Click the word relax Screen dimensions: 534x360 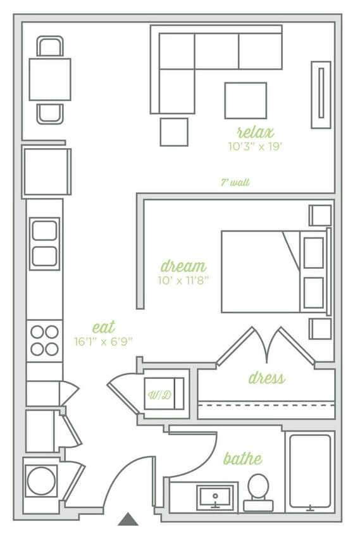click(x=255, y=132)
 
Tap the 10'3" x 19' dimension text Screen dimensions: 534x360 click(x=255, y=146)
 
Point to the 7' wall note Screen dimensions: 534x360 click(x=235, y=182)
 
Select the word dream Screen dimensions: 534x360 click(x=183, y=266)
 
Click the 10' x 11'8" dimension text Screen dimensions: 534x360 click(x=183, y=280)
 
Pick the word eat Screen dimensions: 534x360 click(x=104, y=327)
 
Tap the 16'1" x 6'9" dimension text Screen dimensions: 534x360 click(x=103, y=341)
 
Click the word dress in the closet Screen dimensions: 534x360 click(x=266, y=378)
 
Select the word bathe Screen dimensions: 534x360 click(x=242, y=458)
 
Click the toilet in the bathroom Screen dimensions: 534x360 click(x=258, y=491)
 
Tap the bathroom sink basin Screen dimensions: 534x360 click(x=213, y=497)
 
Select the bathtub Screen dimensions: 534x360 click(x=310, y=471)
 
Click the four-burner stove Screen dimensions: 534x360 click(x=44, y=340)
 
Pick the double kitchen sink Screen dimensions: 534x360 click(x=44, y=244)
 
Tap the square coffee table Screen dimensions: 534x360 click(x=245, y=101)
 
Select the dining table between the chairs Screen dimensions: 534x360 click(x=49, y=79)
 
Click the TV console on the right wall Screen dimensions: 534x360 click(x=321, y=94)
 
